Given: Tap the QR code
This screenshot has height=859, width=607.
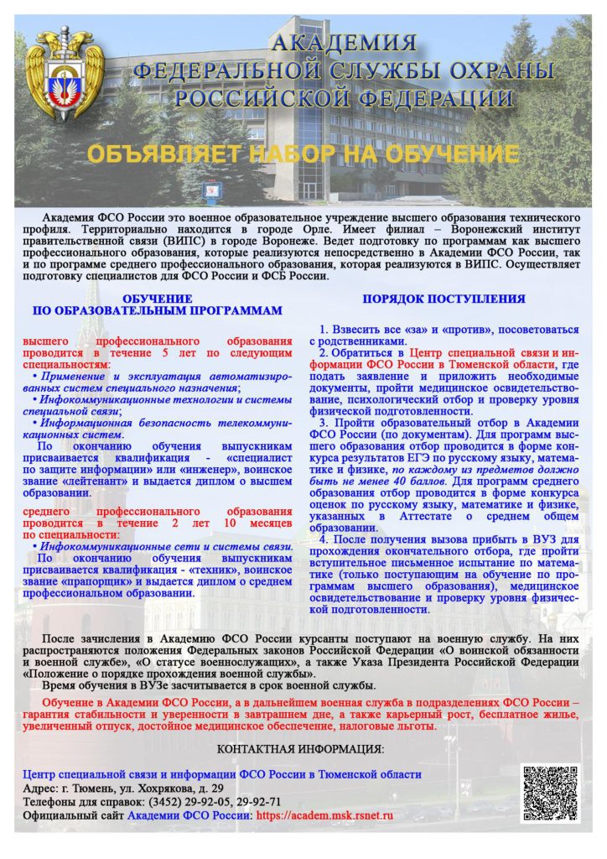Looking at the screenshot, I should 549,793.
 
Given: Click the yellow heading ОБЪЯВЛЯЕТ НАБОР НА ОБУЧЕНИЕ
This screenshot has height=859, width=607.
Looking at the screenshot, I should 303,154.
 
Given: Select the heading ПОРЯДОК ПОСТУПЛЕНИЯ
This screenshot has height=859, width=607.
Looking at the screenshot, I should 444,299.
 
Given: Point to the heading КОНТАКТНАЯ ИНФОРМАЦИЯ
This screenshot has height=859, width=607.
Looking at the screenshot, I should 300,748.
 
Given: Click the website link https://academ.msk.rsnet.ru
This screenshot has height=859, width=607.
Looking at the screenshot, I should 324,815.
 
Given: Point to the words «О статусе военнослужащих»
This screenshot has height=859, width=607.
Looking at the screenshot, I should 226,661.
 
